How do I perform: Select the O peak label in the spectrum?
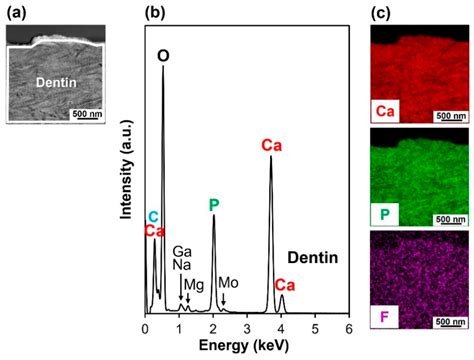(x=164, y=57)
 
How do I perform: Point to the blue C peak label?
(x=153, y=216)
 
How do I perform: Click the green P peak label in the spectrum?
(x=213, y=205)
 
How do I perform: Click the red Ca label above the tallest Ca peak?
(x=271, y=146)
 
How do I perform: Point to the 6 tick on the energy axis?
(x=349, y=329)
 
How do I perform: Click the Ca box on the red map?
(x=383, y=107)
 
